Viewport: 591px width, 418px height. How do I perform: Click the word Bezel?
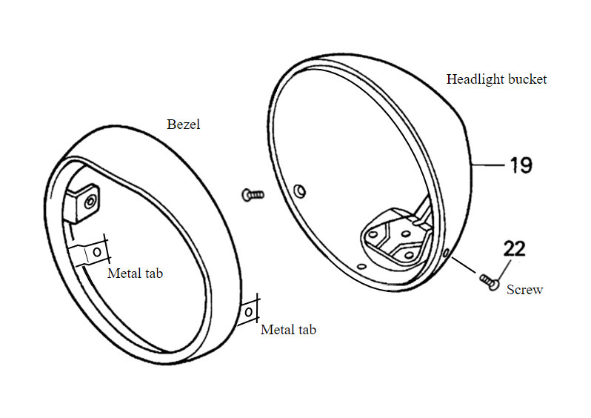(184, 125)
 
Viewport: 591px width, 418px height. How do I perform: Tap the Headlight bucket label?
(496, 79)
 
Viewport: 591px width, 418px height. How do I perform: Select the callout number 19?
(521, 165)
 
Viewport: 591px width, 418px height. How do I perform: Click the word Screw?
(524, 290)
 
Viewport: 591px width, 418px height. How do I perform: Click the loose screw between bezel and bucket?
(253, 194)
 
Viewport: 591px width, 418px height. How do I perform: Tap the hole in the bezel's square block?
(90, 201)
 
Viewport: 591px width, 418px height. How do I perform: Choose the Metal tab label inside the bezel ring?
(135, 273)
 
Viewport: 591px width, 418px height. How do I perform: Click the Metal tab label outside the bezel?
(288, 330)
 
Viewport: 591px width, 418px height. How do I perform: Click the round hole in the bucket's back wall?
(298, 191)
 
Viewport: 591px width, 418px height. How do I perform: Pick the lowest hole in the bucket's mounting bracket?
(409, 255)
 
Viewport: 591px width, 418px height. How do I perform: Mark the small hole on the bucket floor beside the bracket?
(360, 265)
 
